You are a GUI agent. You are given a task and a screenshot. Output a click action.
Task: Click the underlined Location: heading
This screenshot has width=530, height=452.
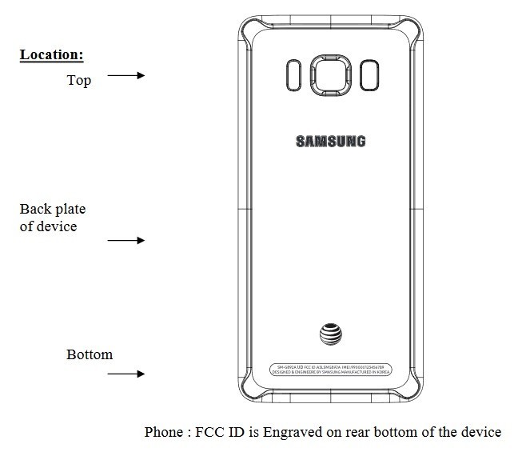point(52,55)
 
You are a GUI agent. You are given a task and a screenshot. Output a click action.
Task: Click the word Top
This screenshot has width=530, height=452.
point(79,80)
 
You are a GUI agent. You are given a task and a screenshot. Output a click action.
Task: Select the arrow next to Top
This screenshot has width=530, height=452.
point(126,75)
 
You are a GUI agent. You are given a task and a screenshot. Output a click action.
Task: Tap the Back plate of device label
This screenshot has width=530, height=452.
point(53,217)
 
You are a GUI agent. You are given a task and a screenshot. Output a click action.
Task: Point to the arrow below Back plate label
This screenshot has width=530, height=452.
point(126,240)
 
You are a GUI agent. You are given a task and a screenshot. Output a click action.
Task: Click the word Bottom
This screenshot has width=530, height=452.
point(90,354)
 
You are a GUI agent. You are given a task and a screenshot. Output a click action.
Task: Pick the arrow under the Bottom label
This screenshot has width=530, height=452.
point(126,374)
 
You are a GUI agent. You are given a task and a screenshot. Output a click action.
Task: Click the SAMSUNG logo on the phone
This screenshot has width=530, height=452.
point(331,142)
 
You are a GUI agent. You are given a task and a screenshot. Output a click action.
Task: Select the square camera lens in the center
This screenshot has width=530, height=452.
point(330,75)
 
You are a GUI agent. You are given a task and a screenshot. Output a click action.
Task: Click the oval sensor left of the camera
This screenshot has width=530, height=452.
point(293,75)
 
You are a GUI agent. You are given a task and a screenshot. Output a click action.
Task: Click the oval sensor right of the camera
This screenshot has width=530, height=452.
point(368,75)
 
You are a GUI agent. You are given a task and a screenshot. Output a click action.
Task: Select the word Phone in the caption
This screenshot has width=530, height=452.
point(163,432)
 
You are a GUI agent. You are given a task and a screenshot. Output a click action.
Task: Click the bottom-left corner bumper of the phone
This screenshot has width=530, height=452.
point(250,394)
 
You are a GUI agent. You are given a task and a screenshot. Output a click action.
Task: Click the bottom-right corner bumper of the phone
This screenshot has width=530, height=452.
point(412,394)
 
